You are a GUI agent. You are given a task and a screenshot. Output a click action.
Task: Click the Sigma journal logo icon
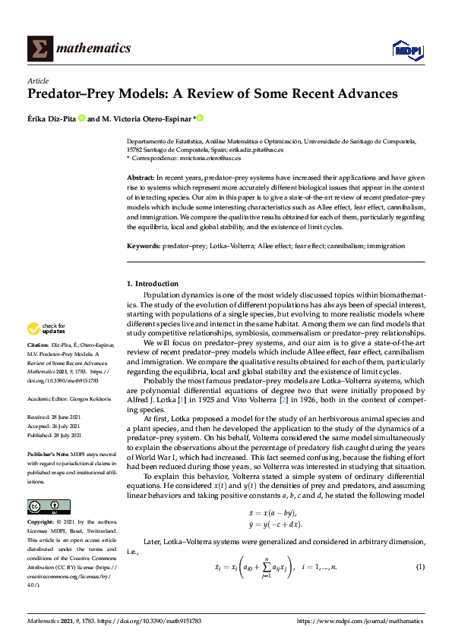38,49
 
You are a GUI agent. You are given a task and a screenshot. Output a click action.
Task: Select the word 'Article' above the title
37,80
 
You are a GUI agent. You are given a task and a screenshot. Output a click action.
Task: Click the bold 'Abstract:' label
142,177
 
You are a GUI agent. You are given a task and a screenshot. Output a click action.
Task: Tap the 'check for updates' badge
46,329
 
